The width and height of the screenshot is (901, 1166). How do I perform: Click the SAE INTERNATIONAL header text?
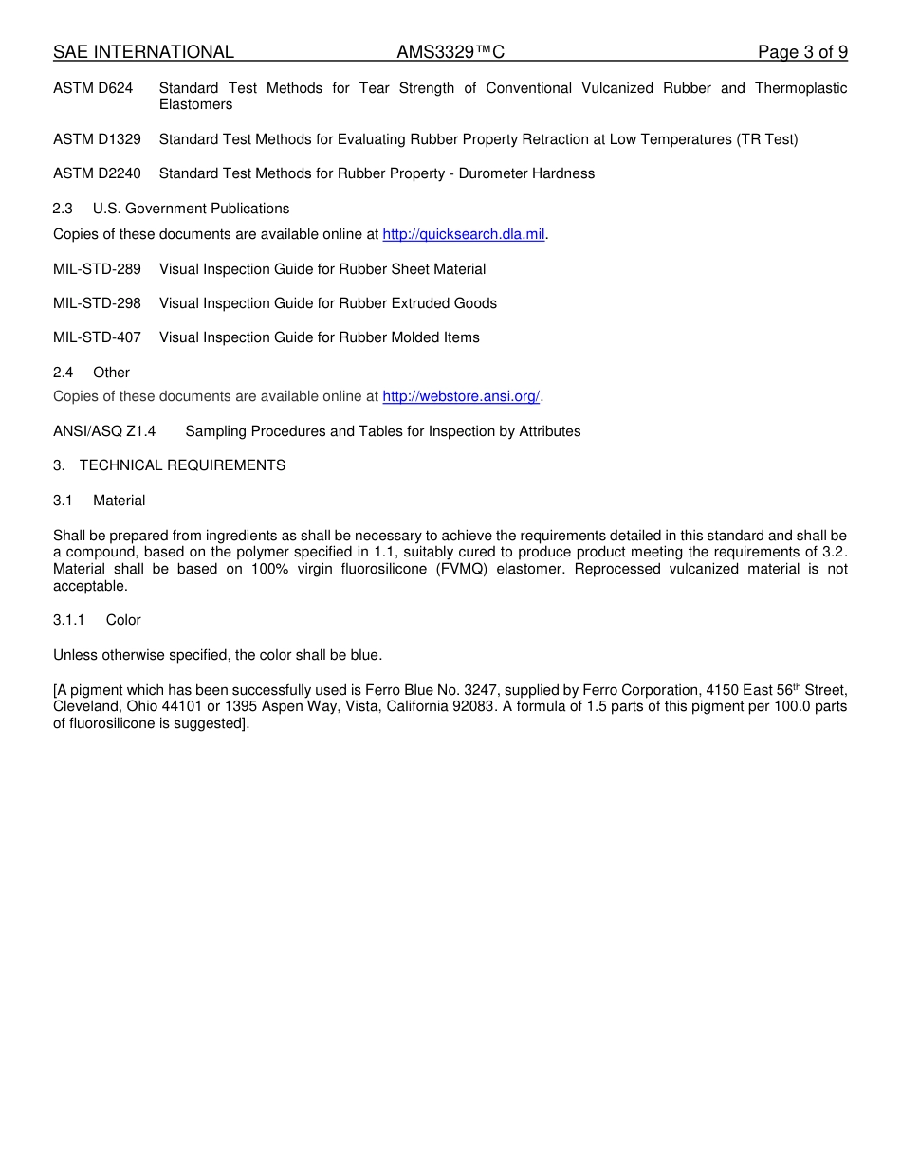point(143,52)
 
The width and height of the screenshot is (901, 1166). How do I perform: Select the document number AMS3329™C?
point(450,52)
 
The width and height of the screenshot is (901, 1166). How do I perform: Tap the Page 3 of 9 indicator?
point(802,52)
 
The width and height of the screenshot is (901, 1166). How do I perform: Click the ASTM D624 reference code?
point(93,88)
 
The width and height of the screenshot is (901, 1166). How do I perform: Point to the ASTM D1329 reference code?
point(97,139)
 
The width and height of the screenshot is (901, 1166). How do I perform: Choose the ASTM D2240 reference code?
point(97,173)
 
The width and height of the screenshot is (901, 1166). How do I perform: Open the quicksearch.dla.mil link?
point(463,234)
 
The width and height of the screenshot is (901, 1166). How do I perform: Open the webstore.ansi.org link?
point(461,396)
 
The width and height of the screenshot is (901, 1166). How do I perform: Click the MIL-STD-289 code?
point(97,269)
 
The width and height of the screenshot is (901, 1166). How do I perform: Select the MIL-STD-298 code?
point(97,303)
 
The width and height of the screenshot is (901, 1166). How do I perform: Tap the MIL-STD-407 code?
point(97,337)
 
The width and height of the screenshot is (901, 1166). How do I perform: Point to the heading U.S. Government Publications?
point(191,209)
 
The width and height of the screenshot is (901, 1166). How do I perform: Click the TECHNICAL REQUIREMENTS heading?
point(182,465)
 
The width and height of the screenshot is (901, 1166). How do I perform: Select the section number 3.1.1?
point(68,620)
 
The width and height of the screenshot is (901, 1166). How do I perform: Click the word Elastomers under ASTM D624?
point(195,104)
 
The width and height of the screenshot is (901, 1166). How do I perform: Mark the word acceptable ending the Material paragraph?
point(89,586)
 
